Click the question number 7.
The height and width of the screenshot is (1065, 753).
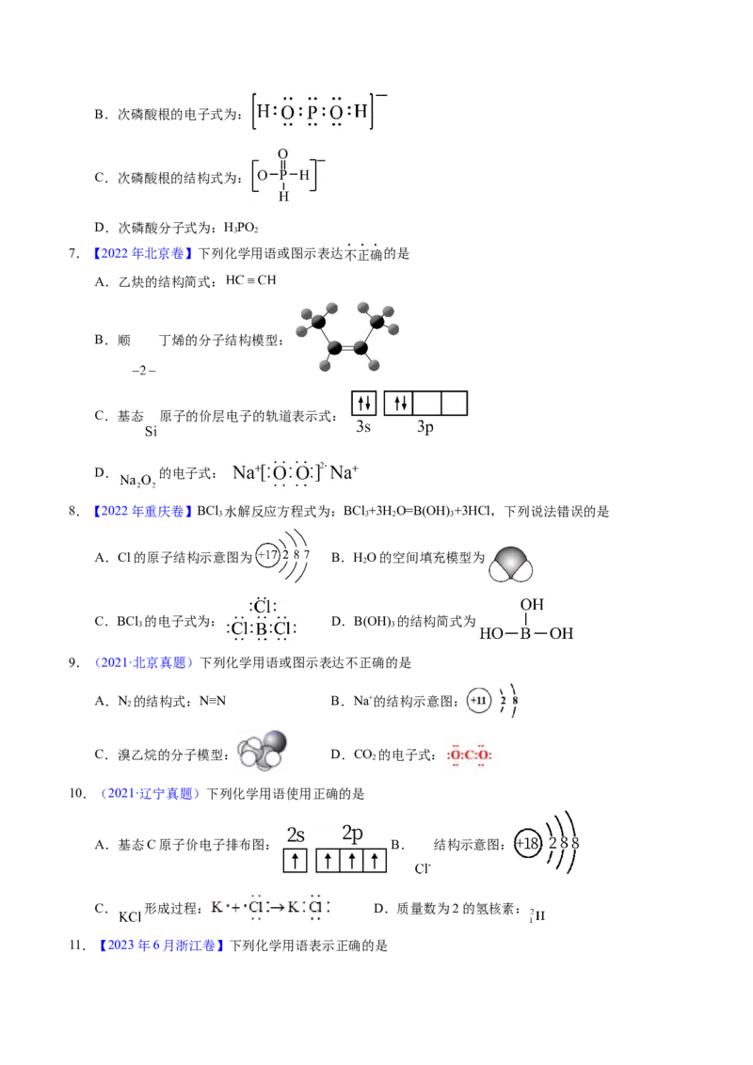coord(73,254)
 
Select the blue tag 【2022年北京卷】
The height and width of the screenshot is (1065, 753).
coord(141,254)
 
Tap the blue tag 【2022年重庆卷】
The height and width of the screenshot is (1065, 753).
coord(141,512)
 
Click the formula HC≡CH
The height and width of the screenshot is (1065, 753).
coord(250,279)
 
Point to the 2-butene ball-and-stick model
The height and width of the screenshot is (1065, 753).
coord(348,337)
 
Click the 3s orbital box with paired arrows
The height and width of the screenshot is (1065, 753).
coord(363,404)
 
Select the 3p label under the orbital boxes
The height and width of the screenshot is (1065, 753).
coord(425,426)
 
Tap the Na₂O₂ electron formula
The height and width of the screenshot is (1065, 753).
coord(295,473)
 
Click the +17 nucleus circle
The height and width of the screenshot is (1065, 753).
coord(267,556)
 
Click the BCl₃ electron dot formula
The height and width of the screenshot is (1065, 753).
coord(262,619)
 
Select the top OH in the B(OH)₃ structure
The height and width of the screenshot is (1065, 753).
coord(532,605)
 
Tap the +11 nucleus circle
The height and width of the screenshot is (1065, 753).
coord(478,700)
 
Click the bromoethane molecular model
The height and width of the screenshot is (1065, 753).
coord(263,750)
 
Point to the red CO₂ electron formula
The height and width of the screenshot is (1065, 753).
coord(469,755)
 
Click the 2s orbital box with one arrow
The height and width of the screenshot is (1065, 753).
coord(295,861)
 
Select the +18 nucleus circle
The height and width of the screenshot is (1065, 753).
coord(527,844)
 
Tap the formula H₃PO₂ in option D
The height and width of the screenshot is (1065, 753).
coord(241,228)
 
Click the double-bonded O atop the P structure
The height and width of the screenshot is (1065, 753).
coord(283,155)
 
